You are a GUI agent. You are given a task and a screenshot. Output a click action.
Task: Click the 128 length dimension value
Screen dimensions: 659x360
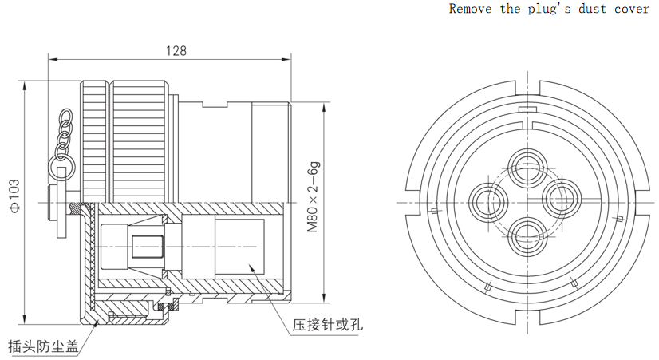pyautogui.click(x=176, y=51)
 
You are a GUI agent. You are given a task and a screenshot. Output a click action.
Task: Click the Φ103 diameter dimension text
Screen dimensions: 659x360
pyautogui.click(x=14, y=196)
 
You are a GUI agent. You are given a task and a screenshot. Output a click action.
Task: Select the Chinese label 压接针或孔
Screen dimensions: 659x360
pyautogui.click(x=328, y=325)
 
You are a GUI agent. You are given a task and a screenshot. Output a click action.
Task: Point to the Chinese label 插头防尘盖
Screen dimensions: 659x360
pyautogui.click(x=43, y=346)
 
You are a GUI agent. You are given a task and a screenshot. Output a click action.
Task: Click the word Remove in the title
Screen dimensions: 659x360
pyautogui.click(x=470, y=9)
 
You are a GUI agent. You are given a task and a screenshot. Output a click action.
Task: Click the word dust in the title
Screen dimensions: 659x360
pyautogui.click(x=592, y=10)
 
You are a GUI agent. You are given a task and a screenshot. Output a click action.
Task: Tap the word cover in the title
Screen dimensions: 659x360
pyautogui.click(x=632, y=10)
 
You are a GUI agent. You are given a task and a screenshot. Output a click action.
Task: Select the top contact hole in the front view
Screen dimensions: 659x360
pyautogui.click(x=527, y=167)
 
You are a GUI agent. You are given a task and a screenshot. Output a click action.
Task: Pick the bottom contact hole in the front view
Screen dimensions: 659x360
pyautogui.click(x=527, y=237)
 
